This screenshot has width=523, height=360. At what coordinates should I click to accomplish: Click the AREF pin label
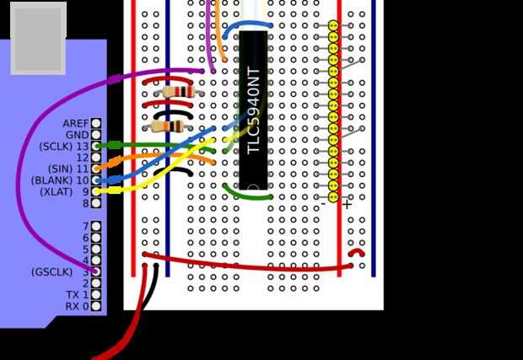point(75,123)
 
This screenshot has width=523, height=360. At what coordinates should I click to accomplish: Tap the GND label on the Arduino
point(77,135)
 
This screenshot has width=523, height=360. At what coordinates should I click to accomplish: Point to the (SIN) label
point(61,169)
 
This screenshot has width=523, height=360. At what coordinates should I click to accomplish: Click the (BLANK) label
point(52,180)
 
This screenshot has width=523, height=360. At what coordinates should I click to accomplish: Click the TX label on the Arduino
point(73,295)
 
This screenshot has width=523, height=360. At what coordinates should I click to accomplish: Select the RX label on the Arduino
point(73,306)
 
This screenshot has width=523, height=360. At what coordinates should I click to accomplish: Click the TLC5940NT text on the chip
point(254,110)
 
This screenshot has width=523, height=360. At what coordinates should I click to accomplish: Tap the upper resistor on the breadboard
point(178,92)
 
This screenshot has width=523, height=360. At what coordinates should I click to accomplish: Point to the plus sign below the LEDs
point(346,204)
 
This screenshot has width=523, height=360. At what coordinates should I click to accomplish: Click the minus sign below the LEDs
point(323,204)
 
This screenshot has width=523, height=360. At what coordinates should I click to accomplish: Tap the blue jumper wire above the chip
point(247,27)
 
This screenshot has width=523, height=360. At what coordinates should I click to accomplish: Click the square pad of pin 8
point(96,203)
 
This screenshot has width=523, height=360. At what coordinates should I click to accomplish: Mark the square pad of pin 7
point(96,226)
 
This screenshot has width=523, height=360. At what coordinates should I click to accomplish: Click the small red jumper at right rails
point(358,252)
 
